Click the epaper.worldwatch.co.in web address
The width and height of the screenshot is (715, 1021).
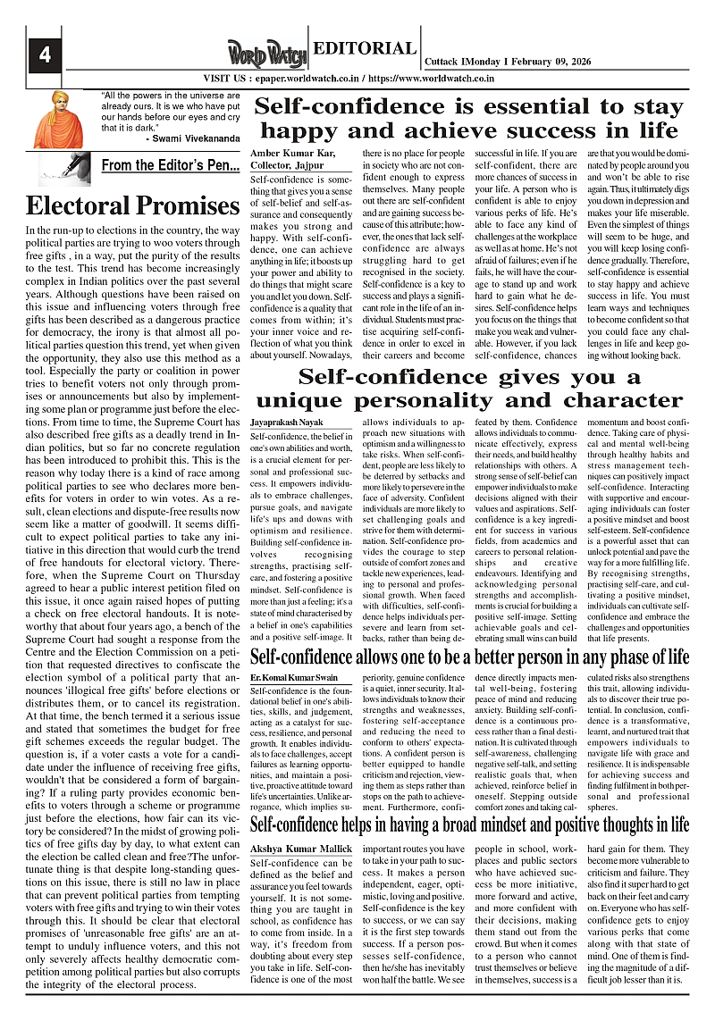[x=306, y=79]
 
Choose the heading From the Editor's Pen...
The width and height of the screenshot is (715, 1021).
[x=170, y=165]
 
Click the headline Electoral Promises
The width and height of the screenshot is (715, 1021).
[x=132, y=205]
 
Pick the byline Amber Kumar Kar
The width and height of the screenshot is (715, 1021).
[x=286, y=155]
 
